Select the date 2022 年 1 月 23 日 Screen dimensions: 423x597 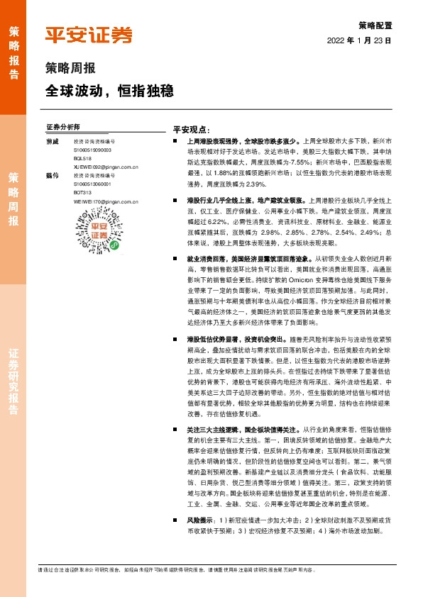click(x=359, y=40)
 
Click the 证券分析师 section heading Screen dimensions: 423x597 click(x=62, y=127)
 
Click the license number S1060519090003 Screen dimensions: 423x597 click(x=92, y=150)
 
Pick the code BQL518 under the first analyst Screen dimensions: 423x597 click(x=82, y=159)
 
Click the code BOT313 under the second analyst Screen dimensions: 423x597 click(x=82, y=192)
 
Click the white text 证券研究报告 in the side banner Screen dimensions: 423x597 click(x=13, y=384)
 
